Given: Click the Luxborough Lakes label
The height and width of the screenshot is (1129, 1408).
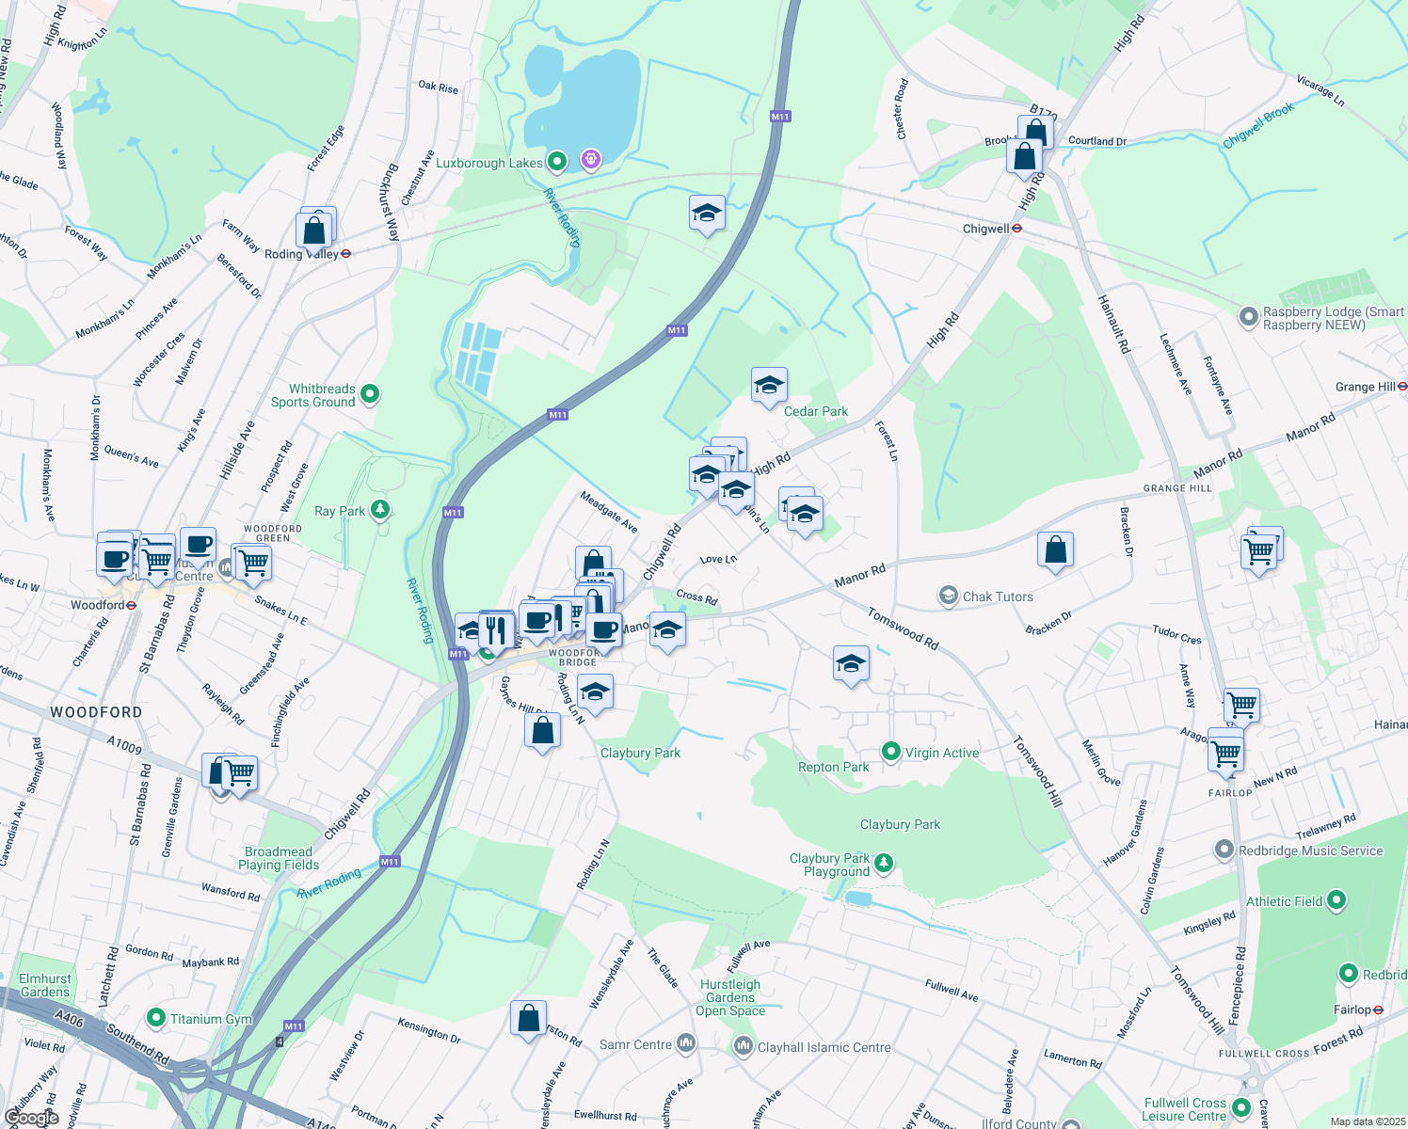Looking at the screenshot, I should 488,163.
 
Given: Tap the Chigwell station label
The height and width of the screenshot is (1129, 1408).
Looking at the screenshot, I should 985,229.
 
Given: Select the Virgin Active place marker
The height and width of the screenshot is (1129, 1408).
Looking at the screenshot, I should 890,751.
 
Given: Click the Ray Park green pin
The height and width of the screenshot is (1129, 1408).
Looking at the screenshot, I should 379,510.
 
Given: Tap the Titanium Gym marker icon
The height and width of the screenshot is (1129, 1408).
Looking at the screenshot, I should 156,1018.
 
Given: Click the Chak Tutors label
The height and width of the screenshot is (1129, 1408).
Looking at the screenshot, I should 998,596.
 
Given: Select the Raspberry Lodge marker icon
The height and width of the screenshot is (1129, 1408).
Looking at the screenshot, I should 1248,317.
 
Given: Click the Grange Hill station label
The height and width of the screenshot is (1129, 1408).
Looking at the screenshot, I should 1365,387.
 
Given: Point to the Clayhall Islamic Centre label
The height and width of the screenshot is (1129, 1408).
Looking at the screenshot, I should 824,1047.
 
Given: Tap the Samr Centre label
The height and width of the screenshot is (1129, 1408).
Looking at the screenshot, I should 635,1044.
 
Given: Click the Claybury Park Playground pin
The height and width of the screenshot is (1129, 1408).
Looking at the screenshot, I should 883,863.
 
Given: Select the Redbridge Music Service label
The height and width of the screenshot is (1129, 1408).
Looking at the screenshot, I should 1310,851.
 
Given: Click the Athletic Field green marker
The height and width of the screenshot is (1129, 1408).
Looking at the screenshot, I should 1336,901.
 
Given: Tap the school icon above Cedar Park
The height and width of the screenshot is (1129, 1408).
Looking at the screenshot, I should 769,385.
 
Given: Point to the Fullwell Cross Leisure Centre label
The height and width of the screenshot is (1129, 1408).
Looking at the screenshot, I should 1184,1109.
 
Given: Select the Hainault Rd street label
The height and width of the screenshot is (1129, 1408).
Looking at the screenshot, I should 1113,324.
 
